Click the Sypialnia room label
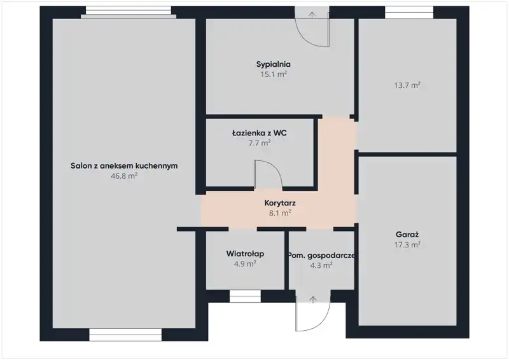click(274, 64)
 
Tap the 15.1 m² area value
click(274, 74)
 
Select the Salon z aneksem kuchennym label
click(124, 165)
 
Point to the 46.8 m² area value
click(124, 176)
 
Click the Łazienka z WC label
click(260, 133)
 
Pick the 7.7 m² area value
click(260, 143)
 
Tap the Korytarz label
click(280, 203)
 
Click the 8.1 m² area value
click(280, 213)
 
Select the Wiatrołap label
click(245, 254)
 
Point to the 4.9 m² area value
click(245, 263)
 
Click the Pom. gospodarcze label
click(321, 256)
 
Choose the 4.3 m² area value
click(321, 265)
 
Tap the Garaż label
click(407, 234)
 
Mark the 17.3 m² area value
click(407, 244)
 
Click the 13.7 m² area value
click(407, 85)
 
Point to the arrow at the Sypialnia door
click(312, 15)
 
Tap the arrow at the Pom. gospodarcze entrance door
click(313, 300)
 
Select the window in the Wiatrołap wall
click(245, 296)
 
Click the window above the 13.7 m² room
click(409, 12)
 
